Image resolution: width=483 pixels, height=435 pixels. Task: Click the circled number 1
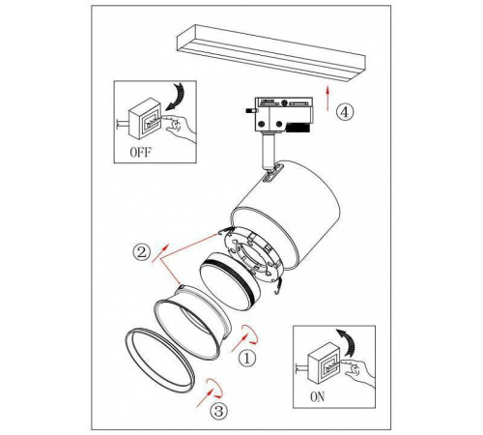pos(247,359)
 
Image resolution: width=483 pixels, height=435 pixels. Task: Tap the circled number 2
pos(142,251)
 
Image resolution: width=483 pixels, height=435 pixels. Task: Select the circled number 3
pos(219,411)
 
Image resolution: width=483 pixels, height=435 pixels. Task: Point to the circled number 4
pos(345,112)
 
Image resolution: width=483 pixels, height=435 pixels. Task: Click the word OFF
pos(141,152)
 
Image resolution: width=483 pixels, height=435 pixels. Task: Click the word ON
pos(318,396)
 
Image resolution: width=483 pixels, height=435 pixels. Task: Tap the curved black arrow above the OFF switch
pos(177,96)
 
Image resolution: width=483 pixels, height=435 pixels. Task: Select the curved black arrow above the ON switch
pos(347,342)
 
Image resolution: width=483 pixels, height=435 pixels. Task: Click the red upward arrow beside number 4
pos(327,99)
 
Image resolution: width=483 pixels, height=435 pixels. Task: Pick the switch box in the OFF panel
pos(145,118)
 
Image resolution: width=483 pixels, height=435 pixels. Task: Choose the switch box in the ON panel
pos(324,362)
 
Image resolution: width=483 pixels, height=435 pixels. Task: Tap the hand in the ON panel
pos(359,373)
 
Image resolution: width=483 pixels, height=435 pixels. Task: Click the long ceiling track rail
pos(271,52)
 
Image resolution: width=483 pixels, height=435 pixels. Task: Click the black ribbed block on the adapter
pos(298,128)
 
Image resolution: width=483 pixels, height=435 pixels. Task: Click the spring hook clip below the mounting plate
pos(277,286)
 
